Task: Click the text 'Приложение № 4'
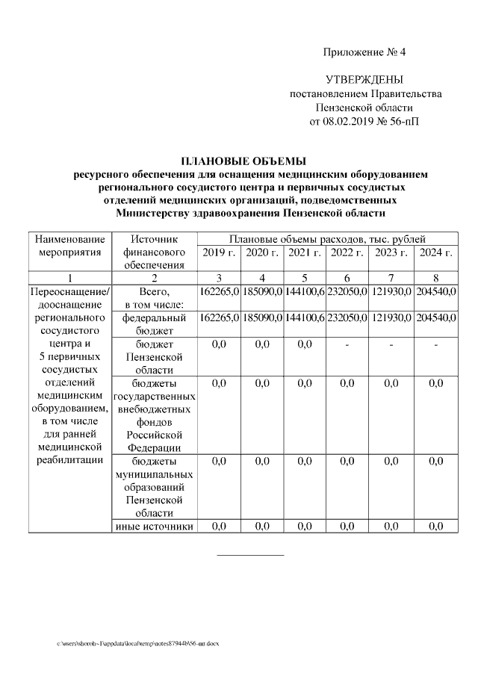tap(364, 52)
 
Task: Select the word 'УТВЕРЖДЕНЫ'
tap(364, 80)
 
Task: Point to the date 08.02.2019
tap(356, 121)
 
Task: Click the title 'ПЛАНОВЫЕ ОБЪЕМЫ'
tap(244, 161)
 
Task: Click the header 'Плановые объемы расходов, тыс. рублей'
tap(327, 238)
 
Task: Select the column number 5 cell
tap(304, 278)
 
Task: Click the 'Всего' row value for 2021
tap(304, 291)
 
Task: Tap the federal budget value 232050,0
tap(347, 317)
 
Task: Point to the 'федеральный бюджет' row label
tap(154, 323)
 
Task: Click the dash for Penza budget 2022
tap(347, 344)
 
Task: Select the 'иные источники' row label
tap(154, 527)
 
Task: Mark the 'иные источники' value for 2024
tap(435, 527)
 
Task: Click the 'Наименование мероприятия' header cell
tap(69, 245)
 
